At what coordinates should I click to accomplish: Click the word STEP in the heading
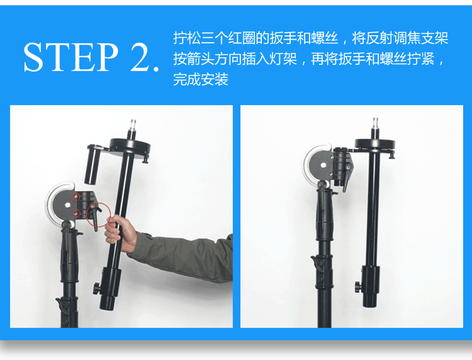click(70, 57)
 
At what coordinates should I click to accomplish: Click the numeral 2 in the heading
click(141, 57)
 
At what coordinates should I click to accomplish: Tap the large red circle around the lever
click(99, 215)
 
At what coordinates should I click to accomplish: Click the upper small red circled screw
click(76, 197)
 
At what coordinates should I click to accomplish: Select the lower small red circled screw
click(77, 213)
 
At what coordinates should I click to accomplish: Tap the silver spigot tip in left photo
click(133, 124)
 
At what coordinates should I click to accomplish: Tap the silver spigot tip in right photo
click(375, 122)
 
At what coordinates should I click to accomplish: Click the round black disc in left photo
click(130, 145)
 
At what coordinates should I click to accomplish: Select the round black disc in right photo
click(375, 143)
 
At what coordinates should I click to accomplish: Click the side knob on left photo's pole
click(97, 288)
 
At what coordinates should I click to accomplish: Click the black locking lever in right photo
click(346, 177)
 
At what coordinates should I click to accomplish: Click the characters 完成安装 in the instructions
click(201, 79)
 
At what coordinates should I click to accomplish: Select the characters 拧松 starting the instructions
click(187, 38)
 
